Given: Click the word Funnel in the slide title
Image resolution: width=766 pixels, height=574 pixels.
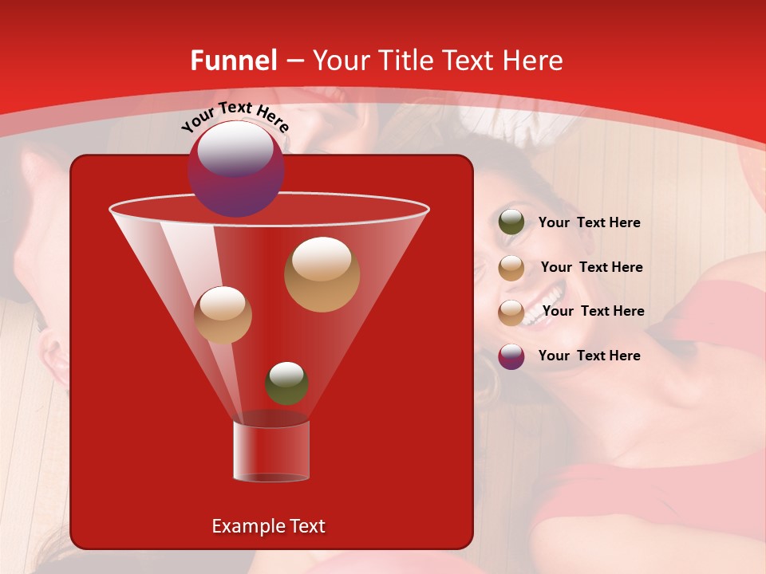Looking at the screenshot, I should tap(233, 61).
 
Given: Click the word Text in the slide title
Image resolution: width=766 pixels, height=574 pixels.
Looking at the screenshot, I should tap(466, 61).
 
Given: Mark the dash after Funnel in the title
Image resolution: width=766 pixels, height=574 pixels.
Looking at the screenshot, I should tap(294, 62).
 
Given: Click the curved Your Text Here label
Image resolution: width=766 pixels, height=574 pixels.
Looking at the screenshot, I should tap(235, 116).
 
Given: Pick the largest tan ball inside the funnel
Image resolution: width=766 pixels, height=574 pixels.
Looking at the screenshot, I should tap(322, 274).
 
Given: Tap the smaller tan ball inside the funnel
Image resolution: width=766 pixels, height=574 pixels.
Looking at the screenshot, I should tap(223, 315).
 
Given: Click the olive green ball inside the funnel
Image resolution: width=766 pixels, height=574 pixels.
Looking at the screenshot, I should tap(286, 383).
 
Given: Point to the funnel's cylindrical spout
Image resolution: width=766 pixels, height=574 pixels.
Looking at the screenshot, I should tap(270, 451).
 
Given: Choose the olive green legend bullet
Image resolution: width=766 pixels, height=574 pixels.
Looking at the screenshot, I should tap(511, 222).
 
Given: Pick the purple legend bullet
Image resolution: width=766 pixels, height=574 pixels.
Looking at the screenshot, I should tap(511, 356).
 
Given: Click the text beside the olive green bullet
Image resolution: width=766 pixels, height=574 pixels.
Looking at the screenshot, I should tap(589, 222).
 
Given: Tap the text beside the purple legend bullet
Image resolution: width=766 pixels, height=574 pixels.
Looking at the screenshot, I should tap(589, 356).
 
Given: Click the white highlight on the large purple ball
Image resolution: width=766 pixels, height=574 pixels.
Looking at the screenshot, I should tap(235, 149).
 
